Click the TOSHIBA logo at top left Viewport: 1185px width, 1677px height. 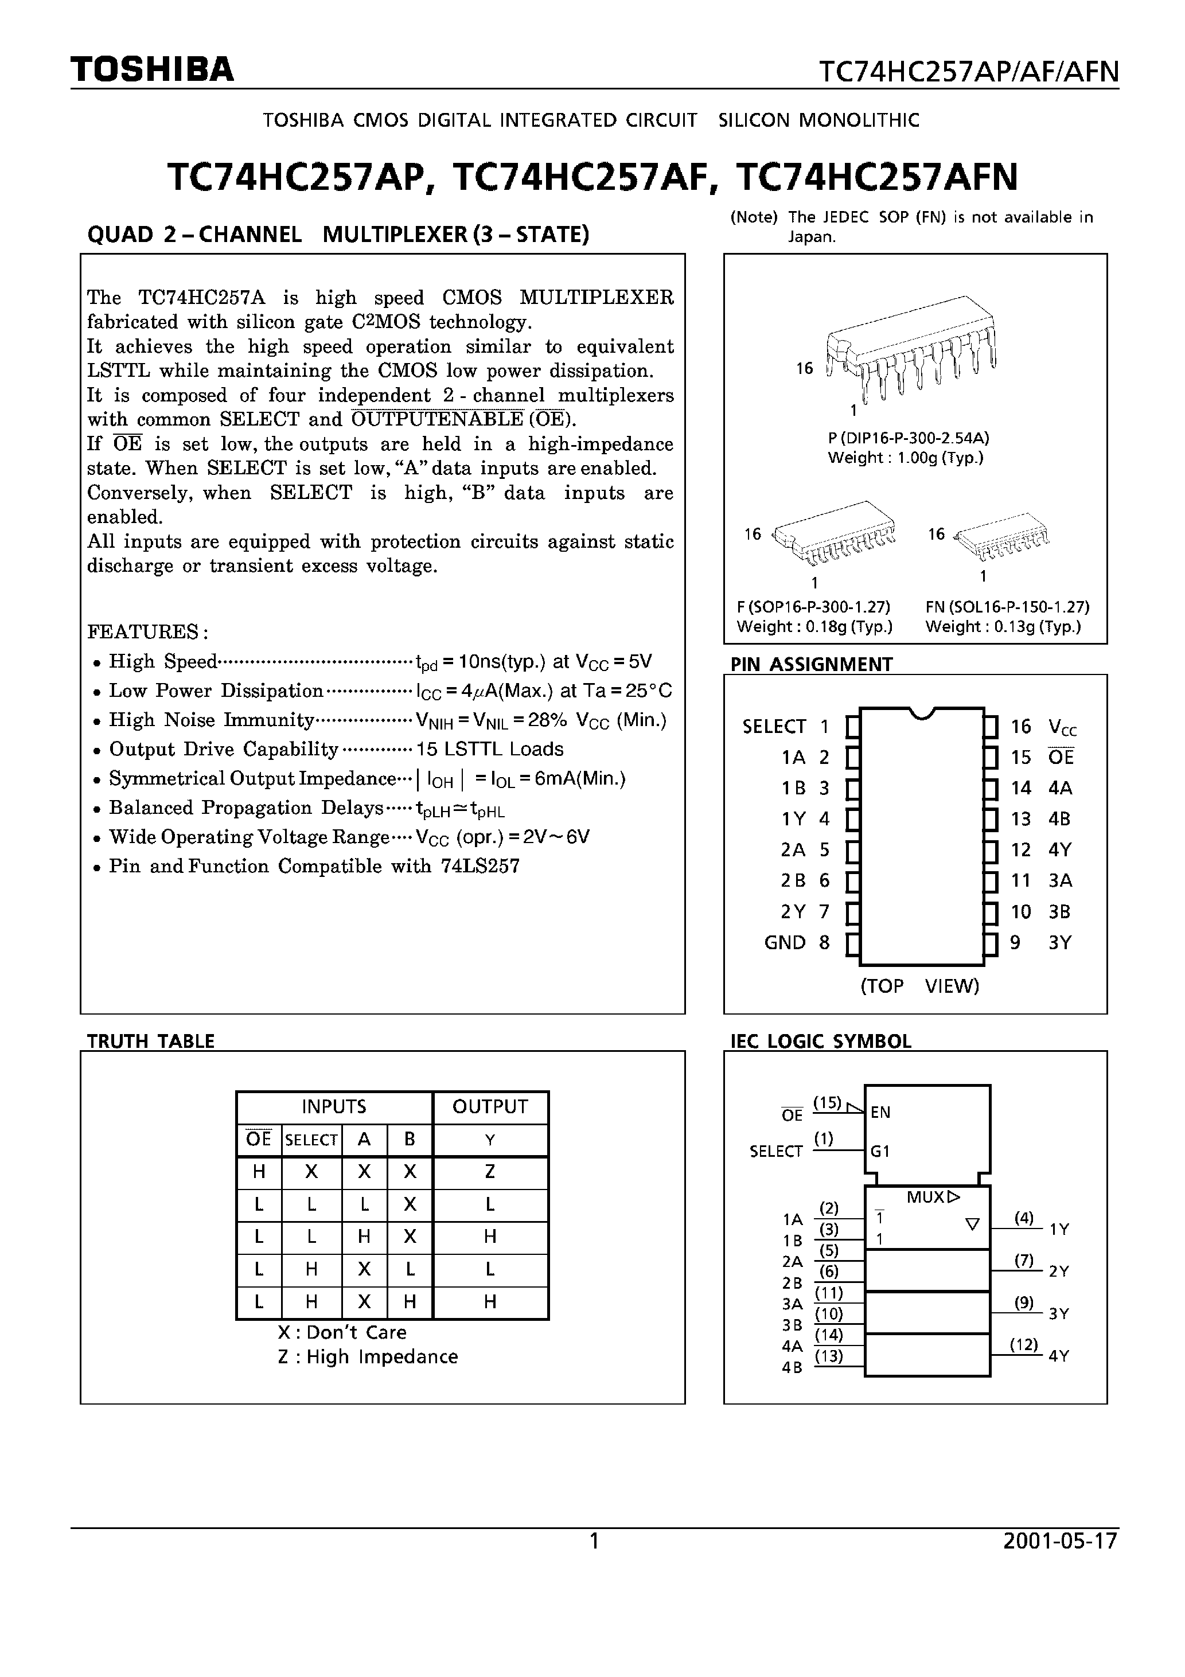(152, 69)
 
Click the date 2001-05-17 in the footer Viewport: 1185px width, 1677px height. (1060, 1541)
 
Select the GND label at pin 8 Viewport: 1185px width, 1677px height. (785, 943)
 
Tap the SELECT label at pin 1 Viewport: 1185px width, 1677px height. (774, 727)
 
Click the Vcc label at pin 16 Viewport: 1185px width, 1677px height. (1062, 727)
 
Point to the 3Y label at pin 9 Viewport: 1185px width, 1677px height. (1059, 943)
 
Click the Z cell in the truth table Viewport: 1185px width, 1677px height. (489, 1172)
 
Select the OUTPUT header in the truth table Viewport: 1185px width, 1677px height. (489, 1106)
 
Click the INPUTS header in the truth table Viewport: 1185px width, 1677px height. (334, 1106)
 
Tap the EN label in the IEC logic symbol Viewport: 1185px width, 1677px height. (880, 1113)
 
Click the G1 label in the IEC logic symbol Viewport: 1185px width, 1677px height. (880, 1151)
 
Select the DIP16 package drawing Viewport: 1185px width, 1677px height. (910, 347)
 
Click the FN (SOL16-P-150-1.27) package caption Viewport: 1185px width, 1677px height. (1007, 607)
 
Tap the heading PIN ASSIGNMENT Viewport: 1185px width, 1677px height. (811, 664)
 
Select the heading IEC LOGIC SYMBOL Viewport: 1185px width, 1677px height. (820, 1041)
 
